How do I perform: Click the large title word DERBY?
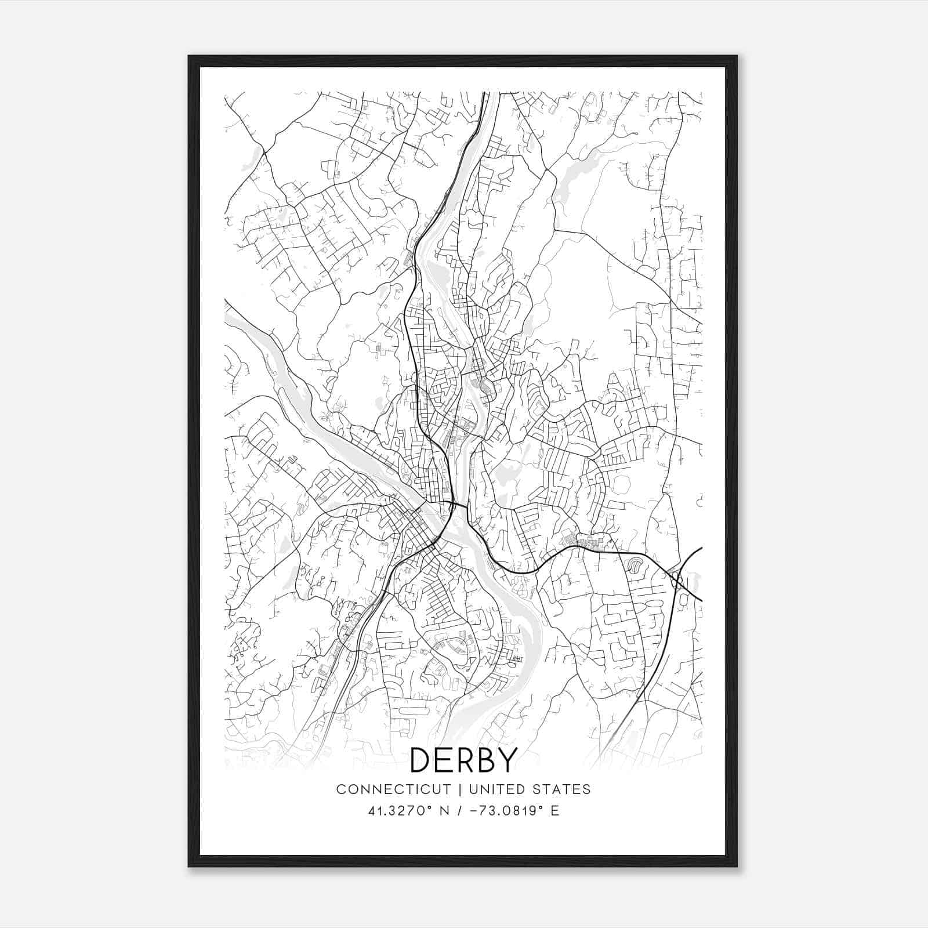point(463,760)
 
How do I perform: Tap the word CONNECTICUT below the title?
point(393,789)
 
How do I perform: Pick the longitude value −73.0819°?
point(506,811)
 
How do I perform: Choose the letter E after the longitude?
point(555,811)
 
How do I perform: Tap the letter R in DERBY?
point(463,760)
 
